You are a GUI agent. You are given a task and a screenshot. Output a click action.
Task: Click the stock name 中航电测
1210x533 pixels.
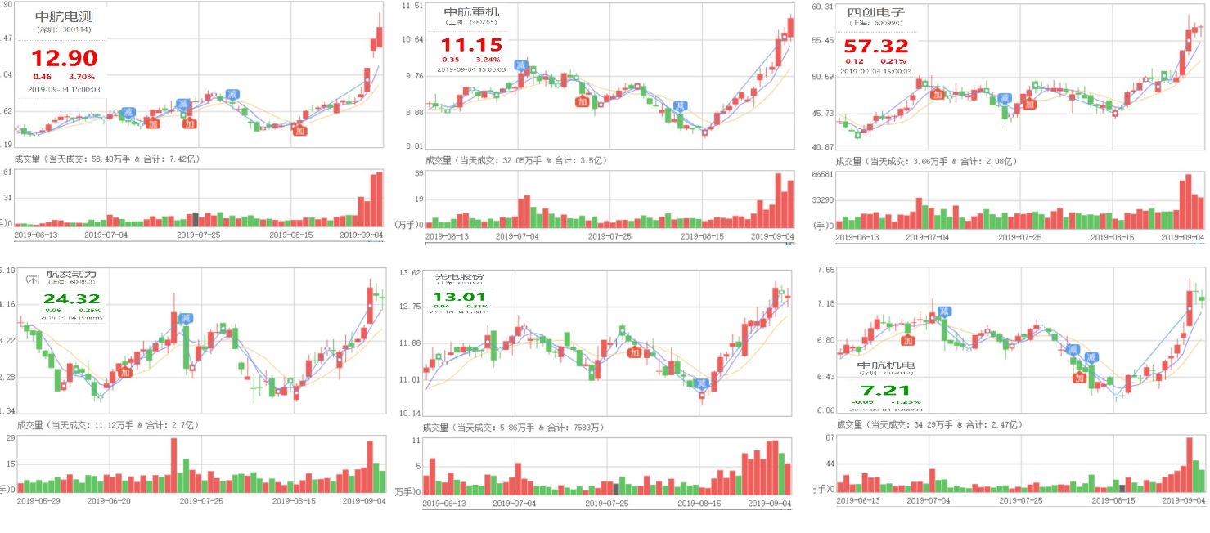click(65, 16)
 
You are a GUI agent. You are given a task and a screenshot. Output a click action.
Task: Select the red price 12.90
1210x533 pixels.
click(64, 58)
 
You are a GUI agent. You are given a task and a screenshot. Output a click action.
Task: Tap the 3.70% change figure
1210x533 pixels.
click(82, 76)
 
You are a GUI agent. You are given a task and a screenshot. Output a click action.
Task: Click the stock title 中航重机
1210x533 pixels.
click(471, 12)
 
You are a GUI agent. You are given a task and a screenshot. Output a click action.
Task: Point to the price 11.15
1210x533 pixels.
click(471, 45)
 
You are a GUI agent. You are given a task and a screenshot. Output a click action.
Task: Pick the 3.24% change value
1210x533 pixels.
click(488, 60)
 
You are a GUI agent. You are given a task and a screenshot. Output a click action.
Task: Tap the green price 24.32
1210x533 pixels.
click(71, 299)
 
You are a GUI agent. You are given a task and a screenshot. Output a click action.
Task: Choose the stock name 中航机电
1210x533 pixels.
click(886, 365)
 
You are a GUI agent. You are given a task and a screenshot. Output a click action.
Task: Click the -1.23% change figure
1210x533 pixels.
click(907, 402)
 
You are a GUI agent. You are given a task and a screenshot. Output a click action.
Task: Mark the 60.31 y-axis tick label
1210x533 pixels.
click(822, 7)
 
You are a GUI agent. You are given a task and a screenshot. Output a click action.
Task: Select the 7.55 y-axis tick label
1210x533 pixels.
click(825, 270)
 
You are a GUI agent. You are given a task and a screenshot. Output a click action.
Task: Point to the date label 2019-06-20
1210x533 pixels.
click(108, 501)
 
